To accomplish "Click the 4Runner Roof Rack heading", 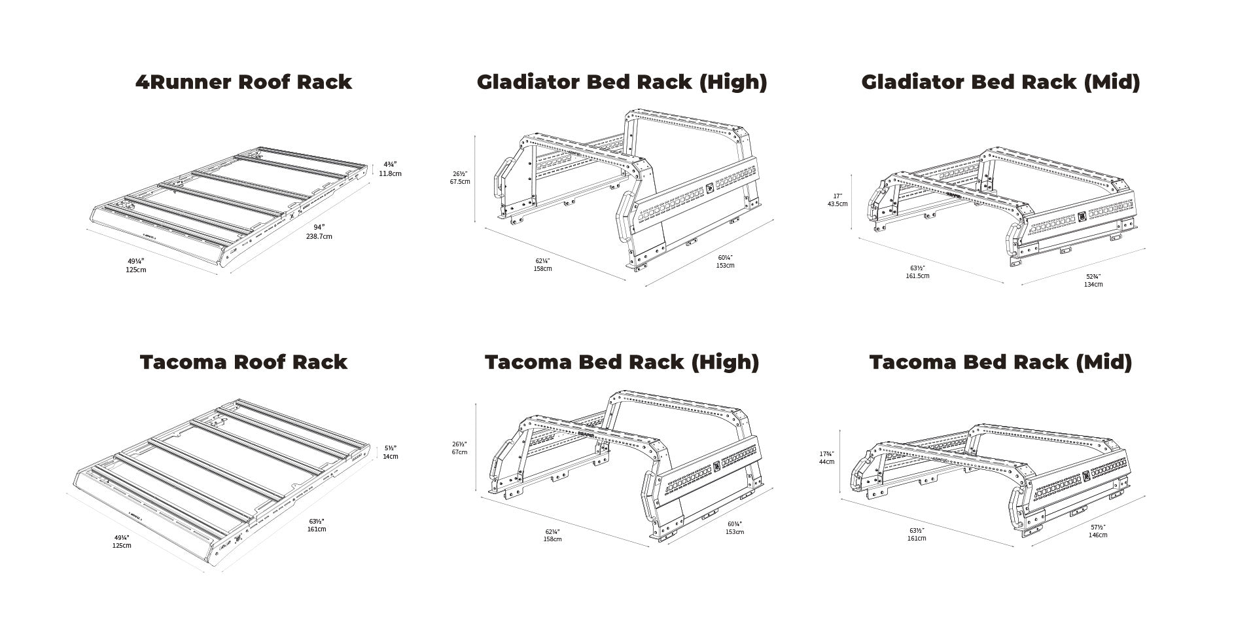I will [x=243, y=82].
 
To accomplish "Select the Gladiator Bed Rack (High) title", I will [x=622, y=82].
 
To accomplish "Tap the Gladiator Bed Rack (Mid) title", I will [x=1000, y=82].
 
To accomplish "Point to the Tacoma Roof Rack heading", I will [x=243, y=362].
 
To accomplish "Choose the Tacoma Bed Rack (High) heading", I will [x=622, y=362].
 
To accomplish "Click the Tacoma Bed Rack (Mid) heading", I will [x=1000, y=362].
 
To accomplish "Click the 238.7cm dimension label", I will [x=319, y=236].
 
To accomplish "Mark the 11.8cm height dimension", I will [x=390, y=173].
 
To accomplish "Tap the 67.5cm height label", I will [x=459, y=181].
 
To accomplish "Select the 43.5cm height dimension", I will [x=837, y=204].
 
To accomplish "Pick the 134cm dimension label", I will [x=1093, y=284].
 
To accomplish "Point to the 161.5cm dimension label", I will [x=917, y=276].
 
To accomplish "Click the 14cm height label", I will [x=390, y=456].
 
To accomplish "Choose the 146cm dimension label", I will [x=1097, y=535].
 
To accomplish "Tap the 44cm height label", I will [x=826, y=461].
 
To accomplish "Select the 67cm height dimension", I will [x=459, y=452].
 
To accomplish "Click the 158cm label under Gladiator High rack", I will [x=542, y=268].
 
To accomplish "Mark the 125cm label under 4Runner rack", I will [x=136, y=270].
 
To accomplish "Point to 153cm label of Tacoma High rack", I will [x=734, y=531].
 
